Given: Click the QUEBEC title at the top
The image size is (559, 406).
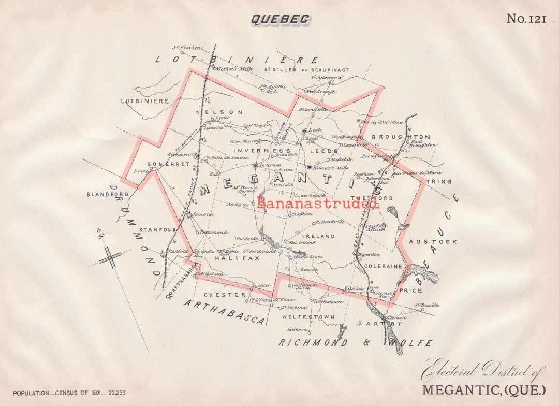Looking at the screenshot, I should click(x=280, y=19).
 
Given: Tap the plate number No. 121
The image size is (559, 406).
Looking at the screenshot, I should click(x=526, y=19).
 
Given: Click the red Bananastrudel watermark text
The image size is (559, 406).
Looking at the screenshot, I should click(x=317, y=202).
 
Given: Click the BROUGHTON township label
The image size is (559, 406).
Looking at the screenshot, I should click(x=408, y=137).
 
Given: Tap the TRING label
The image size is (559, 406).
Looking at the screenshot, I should click(x=438, y=182).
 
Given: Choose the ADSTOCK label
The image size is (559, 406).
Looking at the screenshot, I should click(x=433, y=241).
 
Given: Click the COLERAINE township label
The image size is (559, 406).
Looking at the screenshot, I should click(x=383, y=266).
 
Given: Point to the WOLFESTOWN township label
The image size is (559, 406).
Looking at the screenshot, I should click(x=308, y=316).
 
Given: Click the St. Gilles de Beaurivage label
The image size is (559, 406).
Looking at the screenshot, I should click(x=306, y=70).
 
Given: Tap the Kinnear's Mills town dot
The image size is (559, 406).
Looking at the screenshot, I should click(x=310, y=167).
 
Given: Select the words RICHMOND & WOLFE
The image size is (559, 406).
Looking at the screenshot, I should click(x=355, y=343).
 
